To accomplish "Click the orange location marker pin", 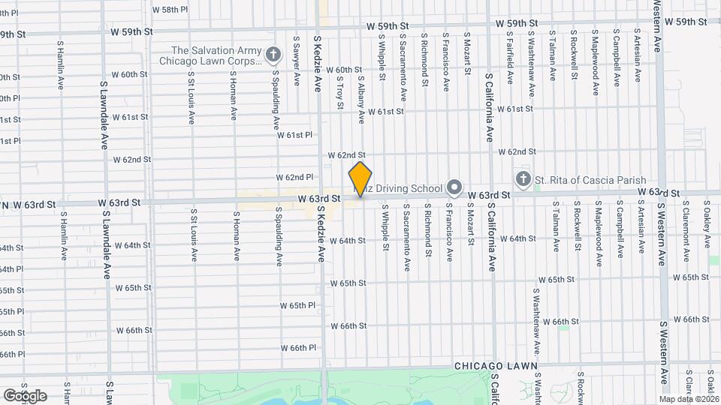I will (360, 179).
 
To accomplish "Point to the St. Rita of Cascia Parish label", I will (579, 178).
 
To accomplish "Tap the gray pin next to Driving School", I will (454, 187).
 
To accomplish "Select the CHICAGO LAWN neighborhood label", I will (496, 366).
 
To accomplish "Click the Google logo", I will (25, 395).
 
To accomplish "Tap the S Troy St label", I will (339, 88).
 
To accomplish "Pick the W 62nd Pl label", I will (294, 177).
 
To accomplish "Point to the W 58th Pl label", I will (169, 10).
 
